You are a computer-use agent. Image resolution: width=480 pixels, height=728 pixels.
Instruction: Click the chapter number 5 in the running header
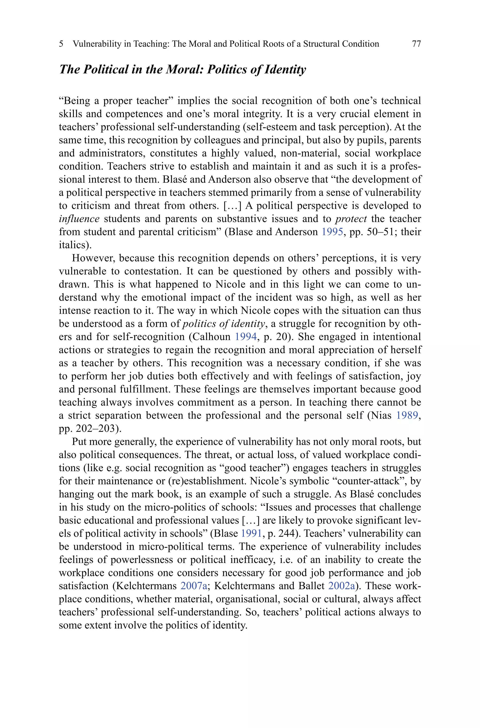point(61,44)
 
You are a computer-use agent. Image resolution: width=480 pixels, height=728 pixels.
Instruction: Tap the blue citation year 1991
point(251,533)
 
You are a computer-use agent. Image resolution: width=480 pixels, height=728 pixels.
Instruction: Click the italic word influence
point(79,219)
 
